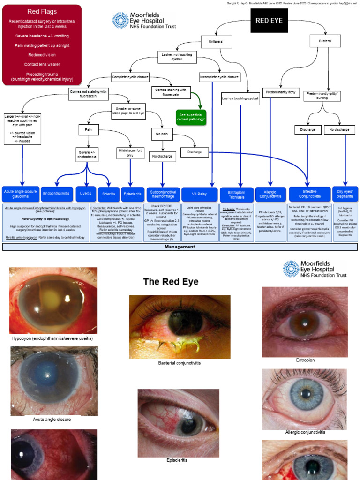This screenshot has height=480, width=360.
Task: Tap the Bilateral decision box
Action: [x=325, y=41]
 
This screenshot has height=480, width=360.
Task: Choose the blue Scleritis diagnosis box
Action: [x=109, y=194]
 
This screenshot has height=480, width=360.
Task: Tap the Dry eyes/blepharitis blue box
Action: [x=345, y=194]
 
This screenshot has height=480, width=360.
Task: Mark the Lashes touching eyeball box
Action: [x=240, y=98]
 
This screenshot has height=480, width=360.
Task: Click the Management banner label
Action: [x=180, y=246]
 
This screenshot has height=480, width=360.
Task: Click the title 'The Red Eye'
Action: [x=171, y=282]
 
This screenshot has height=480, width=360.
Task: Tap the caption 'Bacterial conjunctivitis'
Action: [x=180, y=363]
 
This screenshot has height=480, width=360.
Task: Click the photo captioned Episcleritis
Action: [x=178, y=423]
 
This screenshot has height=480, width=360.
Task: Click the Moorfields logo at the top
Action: [x=144, y=21]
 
